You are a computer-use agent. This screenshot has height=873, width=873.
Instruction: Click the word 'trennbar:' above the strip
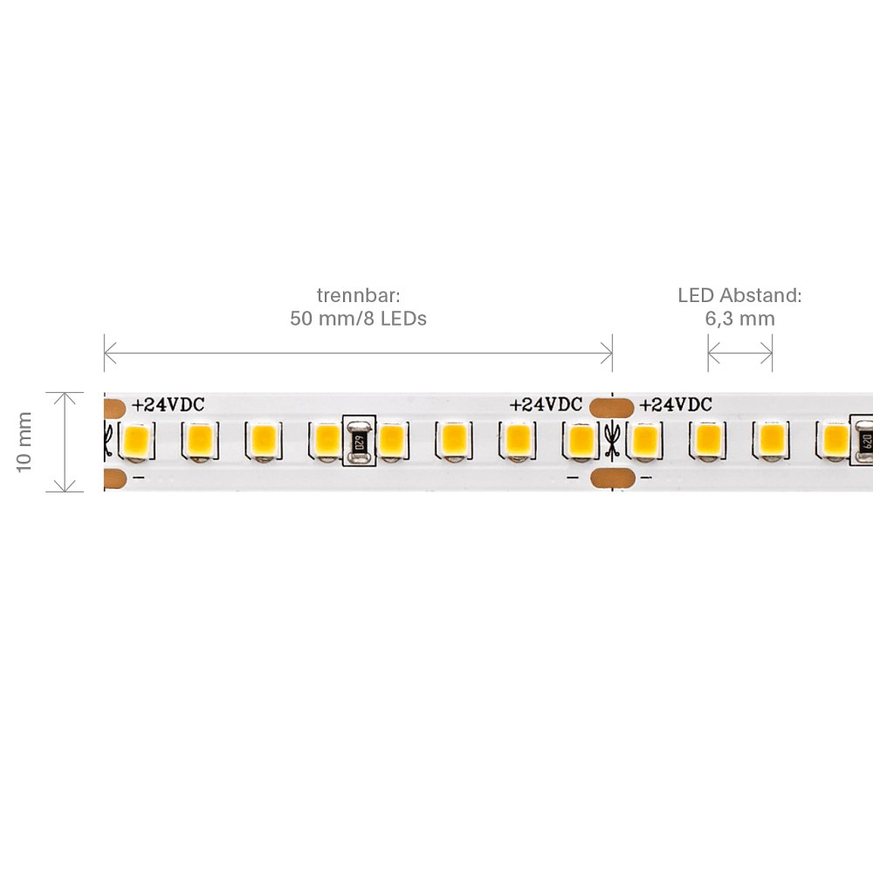pyautogui.click(x=358, y=295)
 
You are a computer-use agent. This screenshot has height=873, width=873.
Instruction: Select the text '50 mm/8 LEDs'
pyautogui.click(x=358, y=319)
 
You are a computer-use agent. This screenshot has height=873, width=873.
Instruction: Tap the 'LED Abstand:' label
pyautogui.click(x=739, y=295)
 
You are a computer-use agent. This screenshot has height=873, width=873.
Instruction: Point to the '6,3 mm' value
pyautogui.click(x=739, y=319)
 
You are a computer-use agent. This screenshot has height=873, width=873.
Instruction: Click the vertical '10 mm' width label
pyautogui.click(x=24, y=442)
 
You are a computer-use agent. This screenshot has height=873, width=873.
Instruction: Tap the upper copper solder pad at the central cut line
pyautogui.click(x=611, y=406)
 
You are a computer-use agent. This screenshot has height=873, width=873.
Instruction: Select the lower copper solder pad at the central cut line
pyautogui.click(x=611, y=478)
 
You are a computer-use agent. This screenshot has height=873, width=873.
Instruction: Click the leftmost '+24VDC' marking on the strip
pyautogui.click(x=168, y=405)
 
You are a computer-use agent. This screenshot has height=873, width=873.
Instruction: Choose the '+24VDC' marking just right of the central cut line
pyautogui.click(x=676, y=405)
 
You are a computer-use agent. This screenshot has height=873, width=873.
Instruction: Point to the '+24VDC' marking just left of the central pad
pyautogui.click(x=546, y=405)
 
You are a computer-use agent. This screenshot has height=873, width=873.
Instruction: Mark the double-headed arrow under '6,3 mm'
pyautogui.click(x=739, y=354)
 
